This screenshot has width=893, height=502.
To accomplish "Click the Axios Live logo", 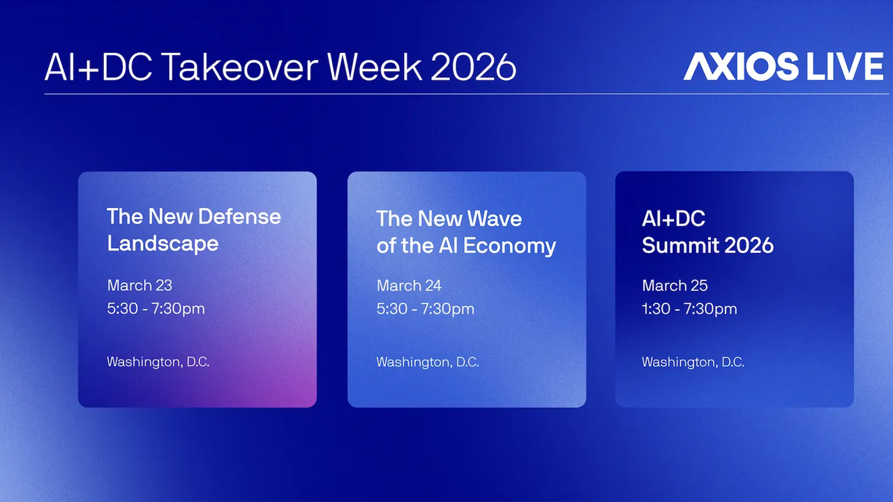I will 783,66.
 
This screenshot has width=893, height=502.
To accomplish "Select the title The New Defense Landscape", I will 193,229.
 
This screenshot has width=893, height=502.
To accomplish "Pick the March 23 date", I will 140,285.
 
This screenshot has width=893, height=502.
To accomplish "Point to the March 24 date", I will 409,286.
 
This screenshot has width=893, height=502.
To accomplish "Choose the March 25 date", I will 675,286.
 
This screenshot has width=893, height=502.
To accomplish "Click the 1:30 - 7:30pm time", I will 689,309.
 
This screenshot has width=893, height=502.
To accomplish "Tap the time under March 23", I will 156,309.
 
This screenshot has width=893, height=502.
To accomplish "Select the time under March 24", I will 425,309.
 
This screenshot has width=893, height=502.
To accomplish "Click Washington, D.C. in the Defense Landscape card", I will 158,362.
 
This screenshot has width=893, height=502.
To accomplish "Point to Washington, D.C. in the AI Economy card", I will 427,363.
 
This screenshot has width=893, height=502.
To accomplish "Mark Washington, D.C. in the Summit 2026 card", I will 693,363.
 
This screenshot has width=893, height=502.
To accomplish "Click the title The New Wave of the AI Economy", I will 466,232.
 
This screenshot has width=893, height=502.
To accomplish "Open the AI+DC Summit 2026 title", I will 707,232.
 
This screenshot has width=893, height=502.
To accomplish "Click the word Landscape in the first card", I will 163,243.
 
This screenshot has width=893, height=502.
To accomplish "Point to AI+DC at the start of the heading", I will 94,67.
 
